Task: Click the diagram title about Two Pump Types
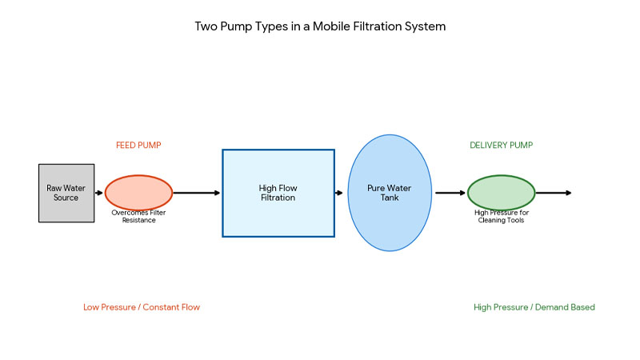pos(320,26)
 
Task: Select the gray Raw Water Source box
pos(66,193)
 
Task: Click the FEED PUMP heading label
pos(138,145)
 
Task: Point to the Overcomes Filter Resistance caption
pos(138,216)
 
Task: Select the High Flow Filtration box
pos(278,193)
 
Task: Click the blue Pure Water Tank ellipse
pos(389,193)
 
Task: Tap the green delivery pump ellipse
pos(501,192)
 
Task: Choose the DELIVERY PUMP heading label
pos(501,145)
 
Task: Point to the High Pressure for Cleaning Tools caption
pos(502,216)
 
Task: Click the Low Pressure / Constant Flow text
pos(142,307)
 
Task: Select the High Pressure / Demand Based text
pos(534,307)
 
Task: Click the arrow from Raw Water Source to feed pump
pos(99,193)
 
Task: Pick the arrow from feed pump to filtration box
pos(197,193)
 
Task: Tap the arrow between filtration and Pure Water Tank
pos(341,193)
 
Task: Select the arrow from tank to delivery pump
pos(450,193)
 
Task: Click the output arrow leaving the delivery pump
pos(554,193)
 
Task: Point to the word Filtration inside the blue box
pos(278,198)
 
